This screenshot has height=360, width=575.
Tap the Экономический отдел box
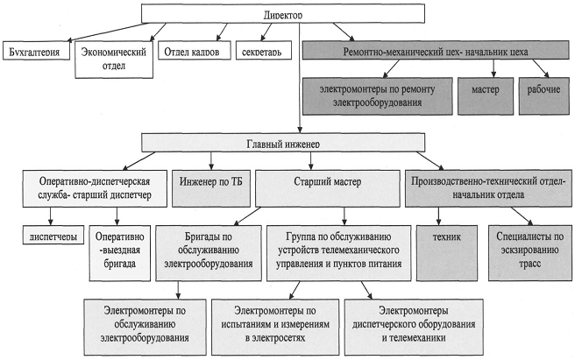(x=111, y=58)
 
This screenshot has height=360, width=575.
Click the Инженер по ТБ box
(x=213, y=183)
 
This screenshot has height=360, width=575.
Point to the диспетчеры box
(x=53, y=236)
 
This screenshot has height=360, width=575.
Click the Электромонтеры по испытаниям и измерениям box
(x=273, y=323)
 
